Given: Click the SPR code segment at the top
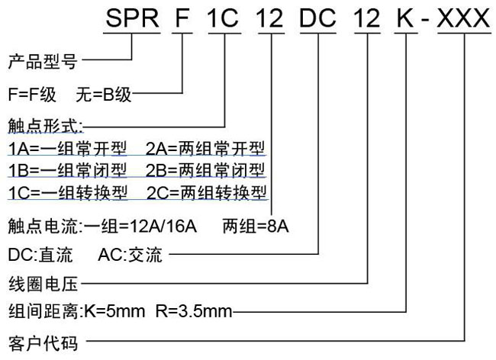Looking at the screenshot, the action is coord(132,18).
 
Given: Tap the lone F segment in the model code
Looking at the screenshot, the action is coord(182,18).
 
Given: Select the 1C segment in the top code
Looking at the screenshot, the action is coord(223,18).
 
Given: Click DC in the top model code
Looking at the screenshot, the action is coord(317,18).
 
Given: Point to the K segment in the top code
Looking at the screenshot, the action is coord(405,18).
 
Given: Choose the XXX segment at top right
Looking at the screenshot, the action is coord(464,18).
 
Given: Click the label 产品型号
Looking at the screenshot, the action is coord(43,61).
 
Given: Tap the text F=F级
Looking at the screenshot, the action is coord(32,95).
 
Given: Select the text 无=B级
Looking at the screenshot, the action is coord(104,95).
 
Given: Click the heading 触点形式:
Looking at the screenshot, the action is coord(45,126).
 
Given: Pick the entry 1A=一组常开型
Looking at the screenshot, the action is coord(68,148).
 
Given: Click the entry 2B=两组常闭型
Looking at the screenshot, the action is coord(205,170).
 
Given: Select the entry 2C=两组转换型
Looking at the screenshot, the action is coord(207,192).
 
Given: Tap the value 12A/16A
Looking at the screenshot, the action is coord(163,227).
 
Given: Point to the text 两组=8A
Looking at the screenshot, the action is coord(256,227).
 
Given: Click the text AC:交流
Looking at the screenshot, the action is coord(130,255).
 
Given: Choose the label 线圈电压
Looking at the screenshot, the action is coord(43,284).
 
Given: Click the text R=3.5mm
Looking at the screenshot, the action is coord(194,311).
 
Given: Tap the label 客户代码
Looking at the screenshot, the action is coord(43,343).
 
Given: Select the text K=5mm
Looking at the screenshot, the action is coord(114,311).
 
